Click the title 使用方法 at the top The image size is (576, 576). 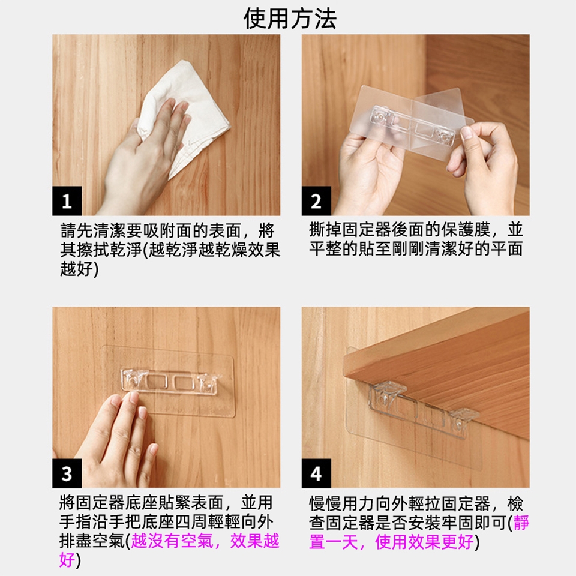click(290, 19)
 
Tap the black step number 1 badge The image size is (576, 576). click(67, 201)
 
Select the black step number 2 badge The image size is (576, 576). click(316, 201)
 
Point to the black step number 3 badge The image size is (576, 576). click(67, 473)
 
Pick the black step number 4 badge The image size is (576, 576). click(316, 473)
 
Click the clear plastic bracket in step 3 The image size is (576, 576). click(171, 382)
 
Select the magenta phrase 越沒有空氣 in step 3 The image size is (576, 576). click(172, 541)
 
